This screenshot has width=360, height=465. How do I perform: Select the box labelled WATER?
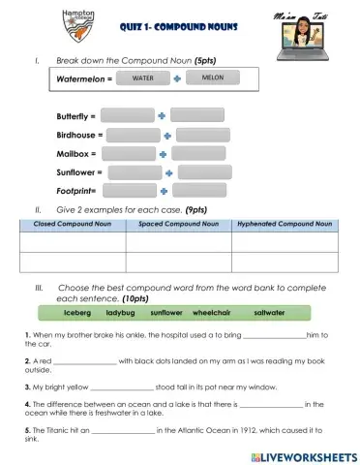(143, 77)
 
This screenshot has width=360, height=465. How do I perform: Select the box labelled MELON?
(213, 77)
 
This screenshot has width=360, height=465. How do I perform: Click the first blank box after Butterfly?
(127, 115)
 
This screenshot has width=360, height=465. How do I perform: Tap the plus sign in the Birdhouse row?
(167, 136)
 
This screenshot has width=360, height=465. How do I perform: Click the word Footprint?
(78, 191)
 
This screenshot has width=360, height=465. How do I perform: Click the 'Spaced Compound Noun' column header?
(178, 225)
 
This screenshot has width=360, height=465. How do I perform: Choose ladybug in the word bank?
(120, 313)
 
